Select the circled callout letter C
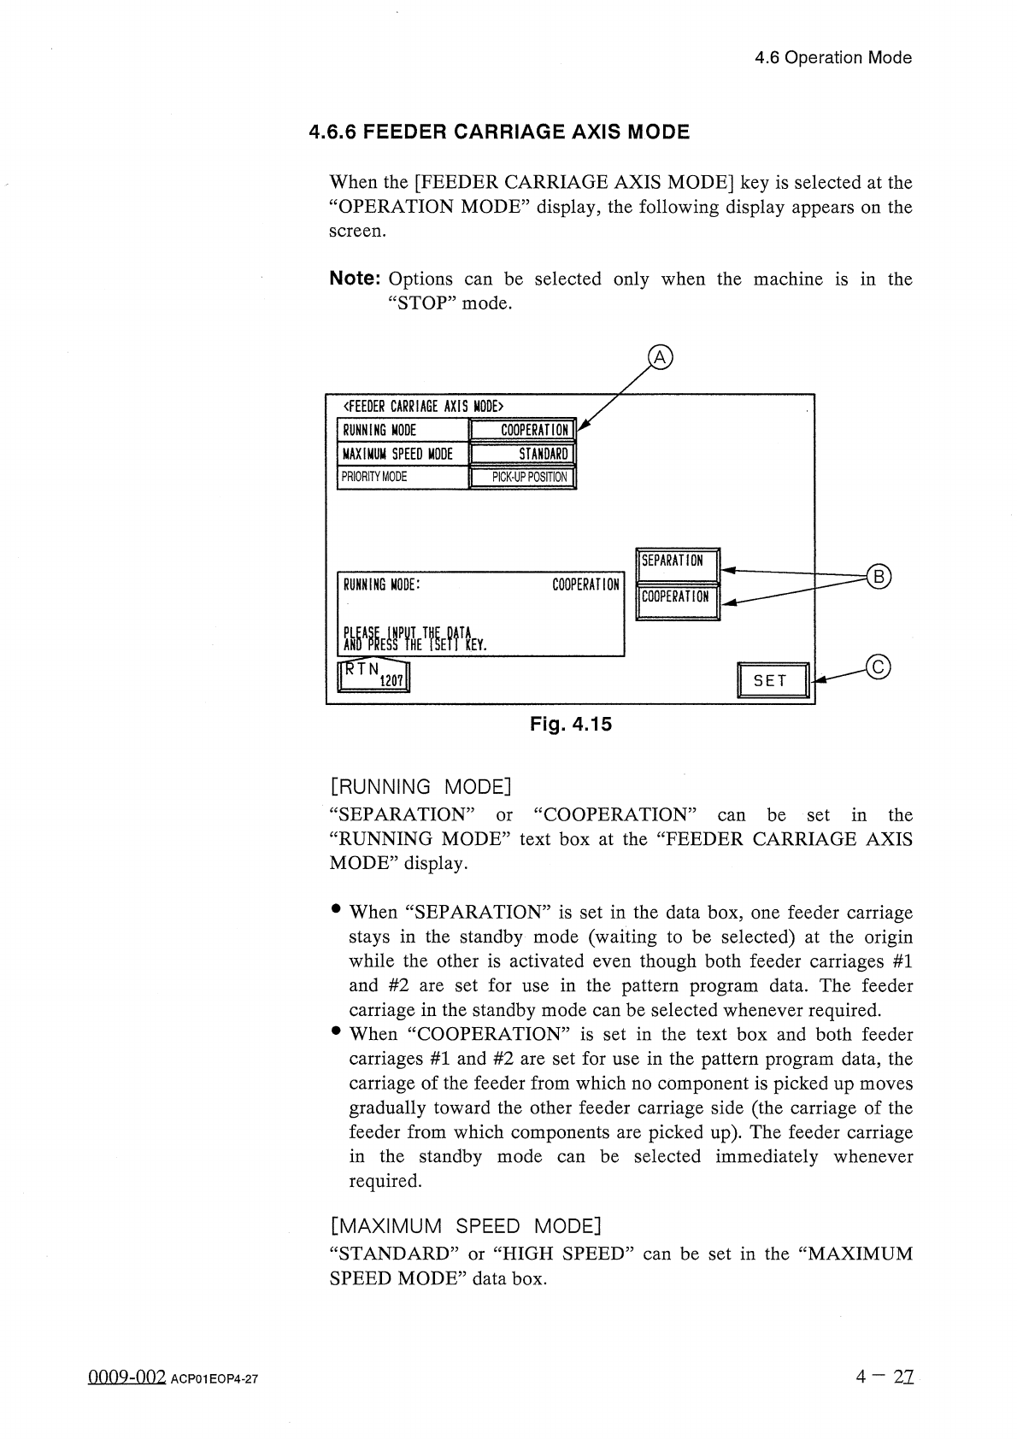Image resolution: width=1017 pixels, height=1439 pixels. tap(878, 667)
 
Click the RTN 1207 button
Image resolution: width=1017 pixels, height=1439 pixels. tap(375, 675)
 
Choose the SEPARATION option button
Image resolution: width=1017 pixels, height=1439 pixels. tap(679, 562)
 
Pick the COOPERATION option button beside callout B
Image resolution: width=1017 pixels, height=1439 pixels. tap(679, 597)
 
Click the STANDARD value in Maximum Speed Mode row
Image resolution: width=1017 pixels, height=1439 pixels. tap(524, 454)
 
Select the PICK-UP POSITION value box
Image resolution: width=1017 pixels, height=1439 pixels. tap(524, 477)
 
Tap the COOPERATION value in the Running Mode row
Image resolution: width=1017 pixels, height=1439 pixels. tap(524, 430)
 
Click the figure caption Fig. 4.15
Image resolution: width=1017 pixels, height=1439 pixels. tap(571, 725)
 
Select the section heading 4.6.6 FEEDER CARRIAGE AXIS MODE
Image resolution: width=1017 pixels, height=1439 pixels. tap(499, 132)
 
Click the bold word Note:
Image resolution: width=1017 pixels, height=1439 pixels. tap(355, 279)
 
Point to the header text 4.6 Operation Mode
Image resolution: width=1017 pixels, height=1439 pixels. tap(833, 58)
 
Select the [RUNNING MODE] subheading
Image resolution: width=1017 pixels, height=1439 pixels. tap(420, 786)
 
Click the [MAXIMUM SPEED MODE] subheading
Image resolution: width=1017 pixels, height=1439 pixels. tap(466, 1226)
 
